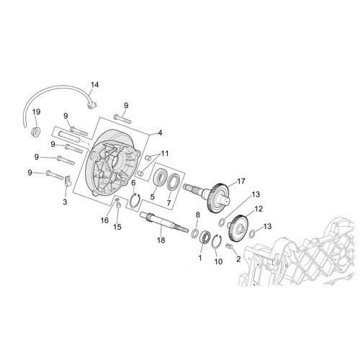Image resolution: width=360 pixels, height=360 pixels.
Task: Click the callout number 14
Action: (94, 85)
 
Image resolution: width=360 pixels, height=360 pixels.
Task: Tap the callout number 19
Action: (37, 112)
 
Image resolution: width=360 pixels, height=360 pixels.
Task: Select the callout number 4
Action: (160, 132)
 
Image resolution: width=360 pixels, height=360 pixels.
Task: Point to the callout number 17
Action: (241, 181)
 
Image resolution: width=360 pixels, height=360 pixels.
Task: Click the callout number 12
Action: (258, 209)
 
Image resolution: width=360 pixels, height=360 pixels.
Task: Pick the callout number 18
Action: (161, 240)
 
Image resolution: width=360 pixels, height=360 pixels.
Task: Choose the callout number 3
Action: (65, 202)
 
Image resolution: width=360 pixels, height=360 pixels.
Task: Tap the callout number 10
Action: (218, 261)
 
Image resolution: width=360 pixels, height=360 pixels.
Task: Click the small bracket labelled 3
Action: (68, 181)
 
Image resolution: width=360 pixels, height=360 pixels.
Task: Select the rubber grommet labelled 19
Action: (36, 132)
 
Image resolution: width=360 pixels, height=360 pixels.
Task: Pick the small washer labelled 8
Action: (194, 233)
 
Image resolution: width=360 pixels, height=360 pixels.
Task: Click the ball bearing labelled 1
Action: (205, 236)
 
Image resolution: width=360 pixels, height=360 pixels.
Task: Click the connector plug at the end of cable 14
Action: (91, 105)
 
